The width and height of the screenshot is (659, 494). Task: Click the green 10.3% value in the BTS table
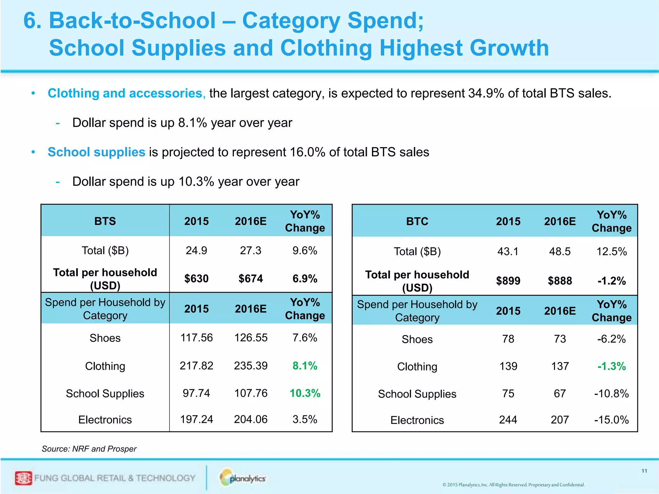tap(305, 393)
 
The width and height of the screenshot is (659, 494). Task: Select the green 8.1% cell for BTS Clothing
tap(305, 366)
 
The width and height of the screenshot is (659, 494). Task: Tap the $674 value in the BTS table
tap(251, 278)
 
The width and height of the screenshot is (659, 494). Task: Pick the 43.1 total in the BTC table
tap(508, 251)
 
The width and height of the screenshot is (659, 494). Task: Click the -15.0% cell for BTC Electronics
tap(611, 420)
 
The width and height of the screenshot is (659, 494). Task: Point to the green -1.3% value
tap(611, 366)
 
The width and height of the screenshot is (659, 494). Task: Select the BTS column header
tap(105, 221)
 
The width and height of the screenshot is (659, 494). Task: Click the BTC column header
tap(417, 222)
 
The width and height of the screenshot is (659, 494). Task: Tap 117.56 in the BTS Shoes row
tap(196, 338)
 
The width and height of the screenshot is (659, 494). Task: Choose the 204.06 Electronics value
tap(251, 419)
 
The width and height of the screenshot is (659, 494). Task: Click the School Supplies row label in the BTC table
tap(417, 394)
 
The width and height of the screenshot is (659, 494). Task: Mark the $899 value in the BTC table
tap(508, 281)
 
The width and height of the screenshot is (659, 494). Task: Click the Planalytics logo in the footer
tap(243, 478)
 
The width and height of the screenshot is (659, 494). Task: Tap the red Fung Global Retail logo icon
tap(23, 478)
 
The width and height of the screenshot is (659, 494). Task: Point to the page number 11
tap(644, 471)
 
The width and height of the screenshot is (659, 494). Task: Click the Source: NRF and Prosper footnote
tap(89, 449)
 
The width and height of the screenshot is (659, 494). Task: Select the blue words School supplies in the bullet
tap(96, 152)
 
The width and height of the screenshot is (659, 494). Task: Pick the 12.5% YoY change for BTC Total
tap(611, 252)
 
